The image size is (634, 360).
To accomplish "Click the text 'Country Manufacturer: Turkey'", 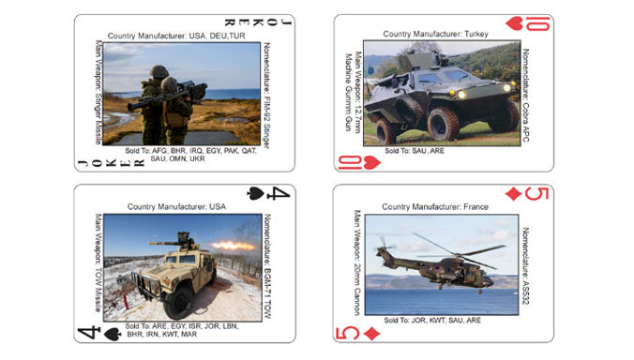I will (x=441, y=33).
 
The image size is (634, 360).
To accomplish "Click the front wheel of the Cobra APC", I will (x=443, y=123).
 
